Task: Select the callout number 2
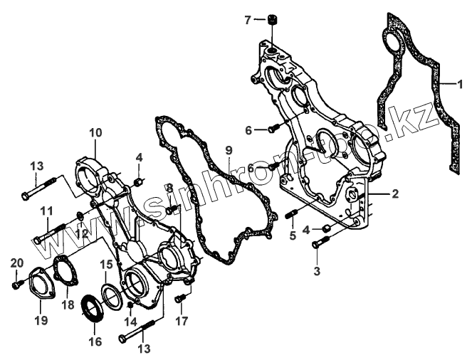[x=395, y=194]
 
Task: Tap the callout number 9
[x=229, y=150]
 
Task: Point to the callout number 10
[x=95, y=132]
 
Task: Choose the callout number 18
[x=68, y=304]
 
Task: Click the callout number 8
[x=169, y=187]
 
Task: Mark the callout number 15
[x=105, y=264]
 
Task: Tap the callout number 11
[x=46, y=211]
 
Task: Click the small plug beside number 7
[x=271, y=20]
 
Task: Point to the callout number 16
[x=94, y=342]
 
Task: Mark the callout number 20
[x=16, y=264]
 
